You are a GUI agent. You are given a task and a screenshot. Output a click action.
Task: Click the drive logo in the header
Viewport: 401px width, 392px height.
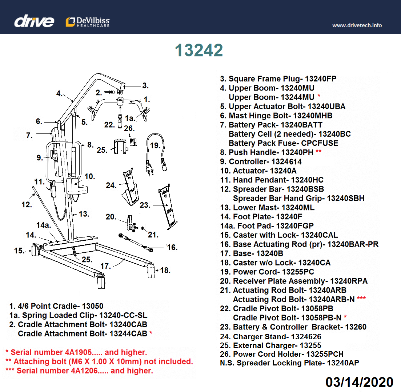[34, 21]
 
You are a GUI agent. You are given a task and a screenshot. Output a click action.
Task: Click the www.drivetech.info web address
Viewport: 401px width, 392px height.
[357, 25]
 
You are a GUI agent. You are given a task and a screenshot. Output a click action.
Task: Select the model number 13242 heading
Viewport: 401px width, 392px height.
[199, 51]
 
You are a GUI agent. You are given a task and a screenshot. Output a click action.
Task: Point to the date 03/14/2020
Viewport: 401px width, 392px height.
[359, 382]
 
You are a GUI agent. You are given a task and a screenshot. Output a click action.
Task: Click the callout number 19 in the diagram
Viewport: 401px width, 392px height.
[155, 145]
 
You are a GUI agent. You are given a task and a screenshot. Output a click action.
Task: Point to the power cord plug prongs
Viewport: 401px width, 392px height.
[149, 173]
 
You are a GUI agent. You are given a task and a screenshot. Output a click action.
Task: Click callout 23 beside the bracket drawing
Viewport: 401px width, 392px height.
[145, 205]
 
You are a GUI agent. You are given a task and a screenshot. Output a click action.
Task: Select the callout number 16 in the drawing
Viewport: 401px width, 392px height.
[172, 248]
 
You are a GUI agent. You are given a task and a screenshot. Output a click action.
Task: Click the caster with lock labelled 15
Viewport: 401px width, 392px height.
[35, 251]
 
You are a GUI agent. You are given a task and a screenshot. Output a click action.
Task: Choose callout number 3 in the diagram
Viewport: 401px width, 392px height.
[145, 86]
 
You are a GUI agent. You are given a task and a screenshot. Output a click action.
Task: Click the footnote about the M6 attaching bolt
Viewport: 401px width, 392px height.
[99, 362]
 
